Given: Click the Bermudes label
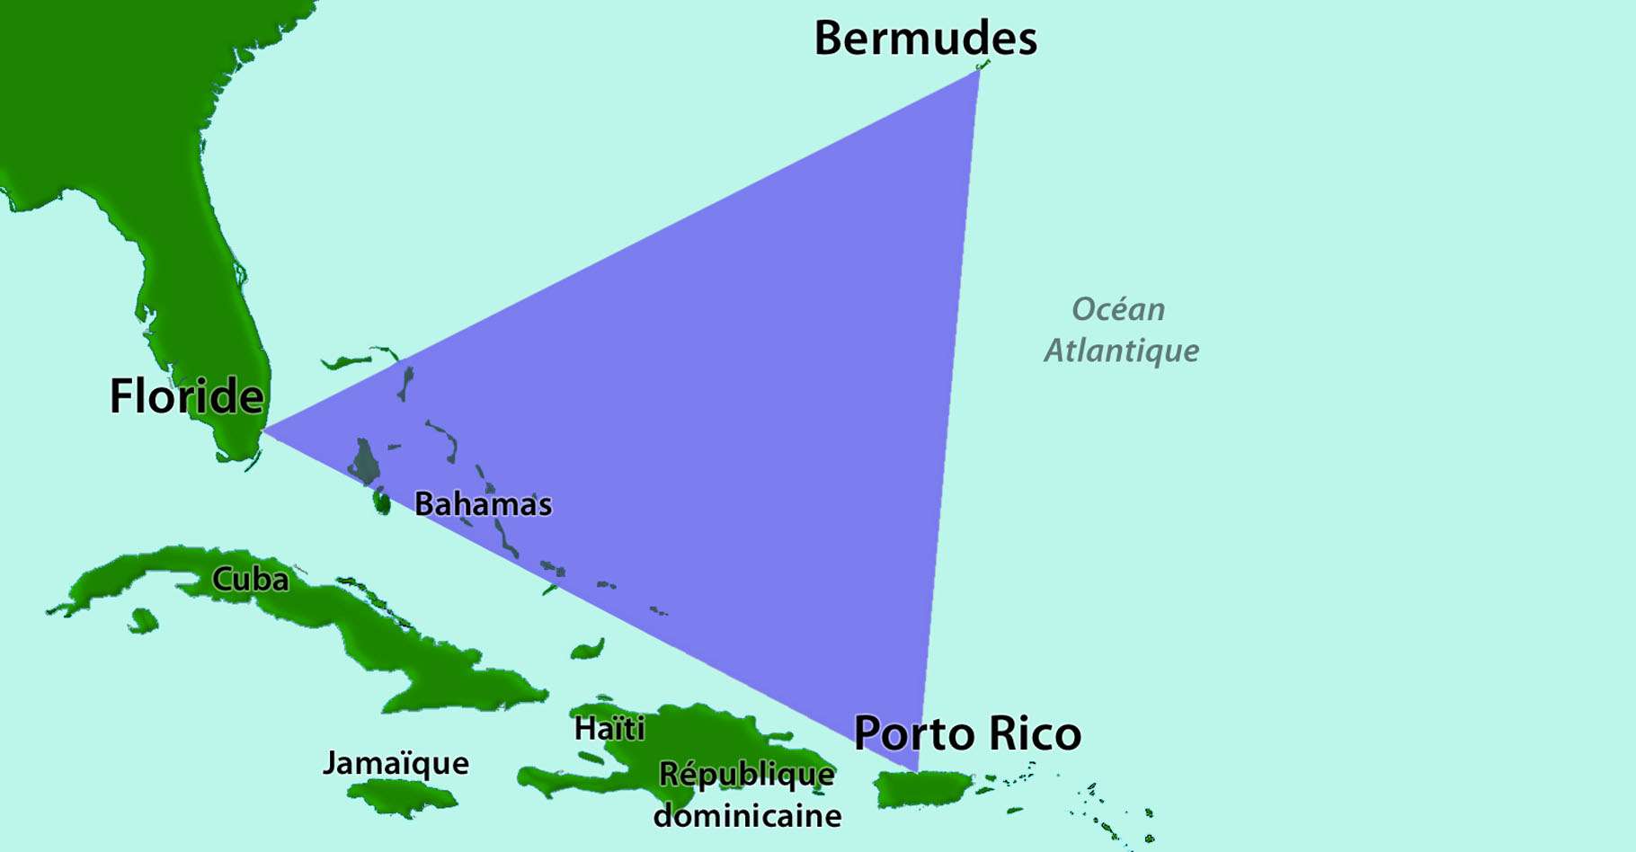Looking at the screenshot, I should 925,39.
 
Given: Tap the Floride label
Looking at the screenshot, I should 186,396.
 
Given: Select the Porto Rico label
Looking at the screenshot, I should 967,733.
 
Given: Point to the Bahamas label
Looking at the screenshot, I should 483,504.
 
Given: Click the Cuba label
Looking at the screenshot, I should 250,580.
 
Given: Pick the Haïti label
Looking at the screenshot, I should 609,728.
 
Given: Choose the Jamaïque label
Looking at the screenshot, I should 396,764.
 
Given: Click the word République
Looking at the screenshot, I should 746,775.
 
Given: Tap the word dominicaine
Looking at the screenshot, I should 747,816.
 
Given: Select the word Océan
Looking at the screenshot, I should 1118,310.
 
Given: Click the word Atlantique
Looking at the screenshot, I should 1121,351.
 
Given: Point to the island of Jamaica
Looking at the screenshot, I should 402,796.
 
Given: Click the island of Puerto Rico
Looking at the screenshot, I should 926,788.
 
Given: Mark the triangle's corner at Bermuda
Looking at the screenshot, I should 979,69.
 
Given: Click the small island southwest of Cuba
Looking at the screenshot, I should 142,620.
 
